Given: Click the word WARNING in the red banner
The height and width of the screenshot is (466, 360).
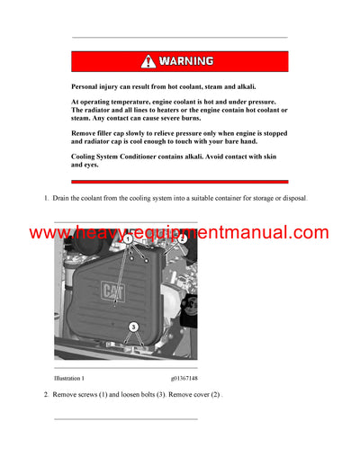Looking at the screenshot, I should [x=186, y=62].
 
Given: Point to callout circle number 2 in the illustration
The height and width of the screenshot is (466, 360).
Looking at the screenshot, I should [x=182, y=239].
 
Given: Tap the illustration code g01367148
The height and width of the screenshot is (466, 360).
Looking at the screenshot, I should [x=184, y=379].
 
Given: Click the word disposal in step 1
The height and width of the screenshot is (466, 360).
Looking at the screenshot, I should [x=291, y=197].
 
